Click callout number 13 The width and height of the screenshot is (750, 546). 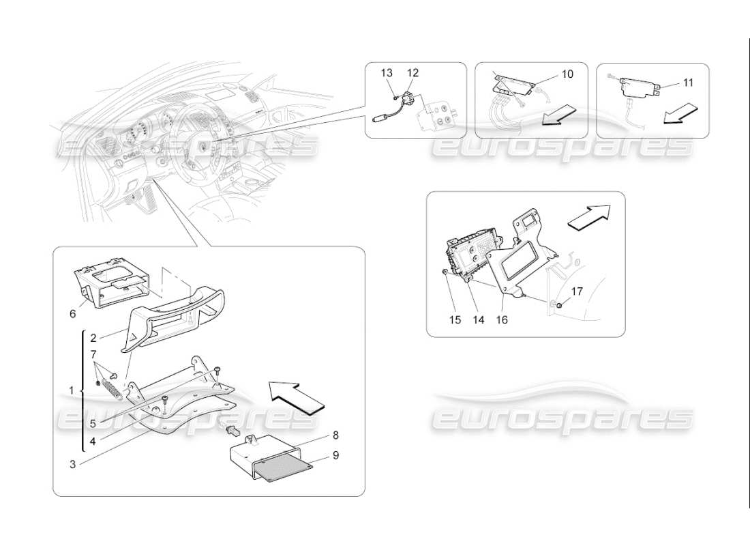(387, 73)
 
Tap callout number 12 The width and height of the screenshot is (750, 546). (413, 73)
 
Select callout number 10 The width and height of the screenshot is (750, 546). (567, 73)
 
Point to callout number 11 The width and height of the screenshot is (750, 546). (688, 83)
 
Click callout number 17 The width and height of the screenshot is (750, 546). (577, 291)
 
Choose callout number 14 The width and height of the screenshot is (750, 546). (478, 319)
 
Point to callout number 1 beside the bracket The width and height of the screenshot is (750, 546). (71, 390)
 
